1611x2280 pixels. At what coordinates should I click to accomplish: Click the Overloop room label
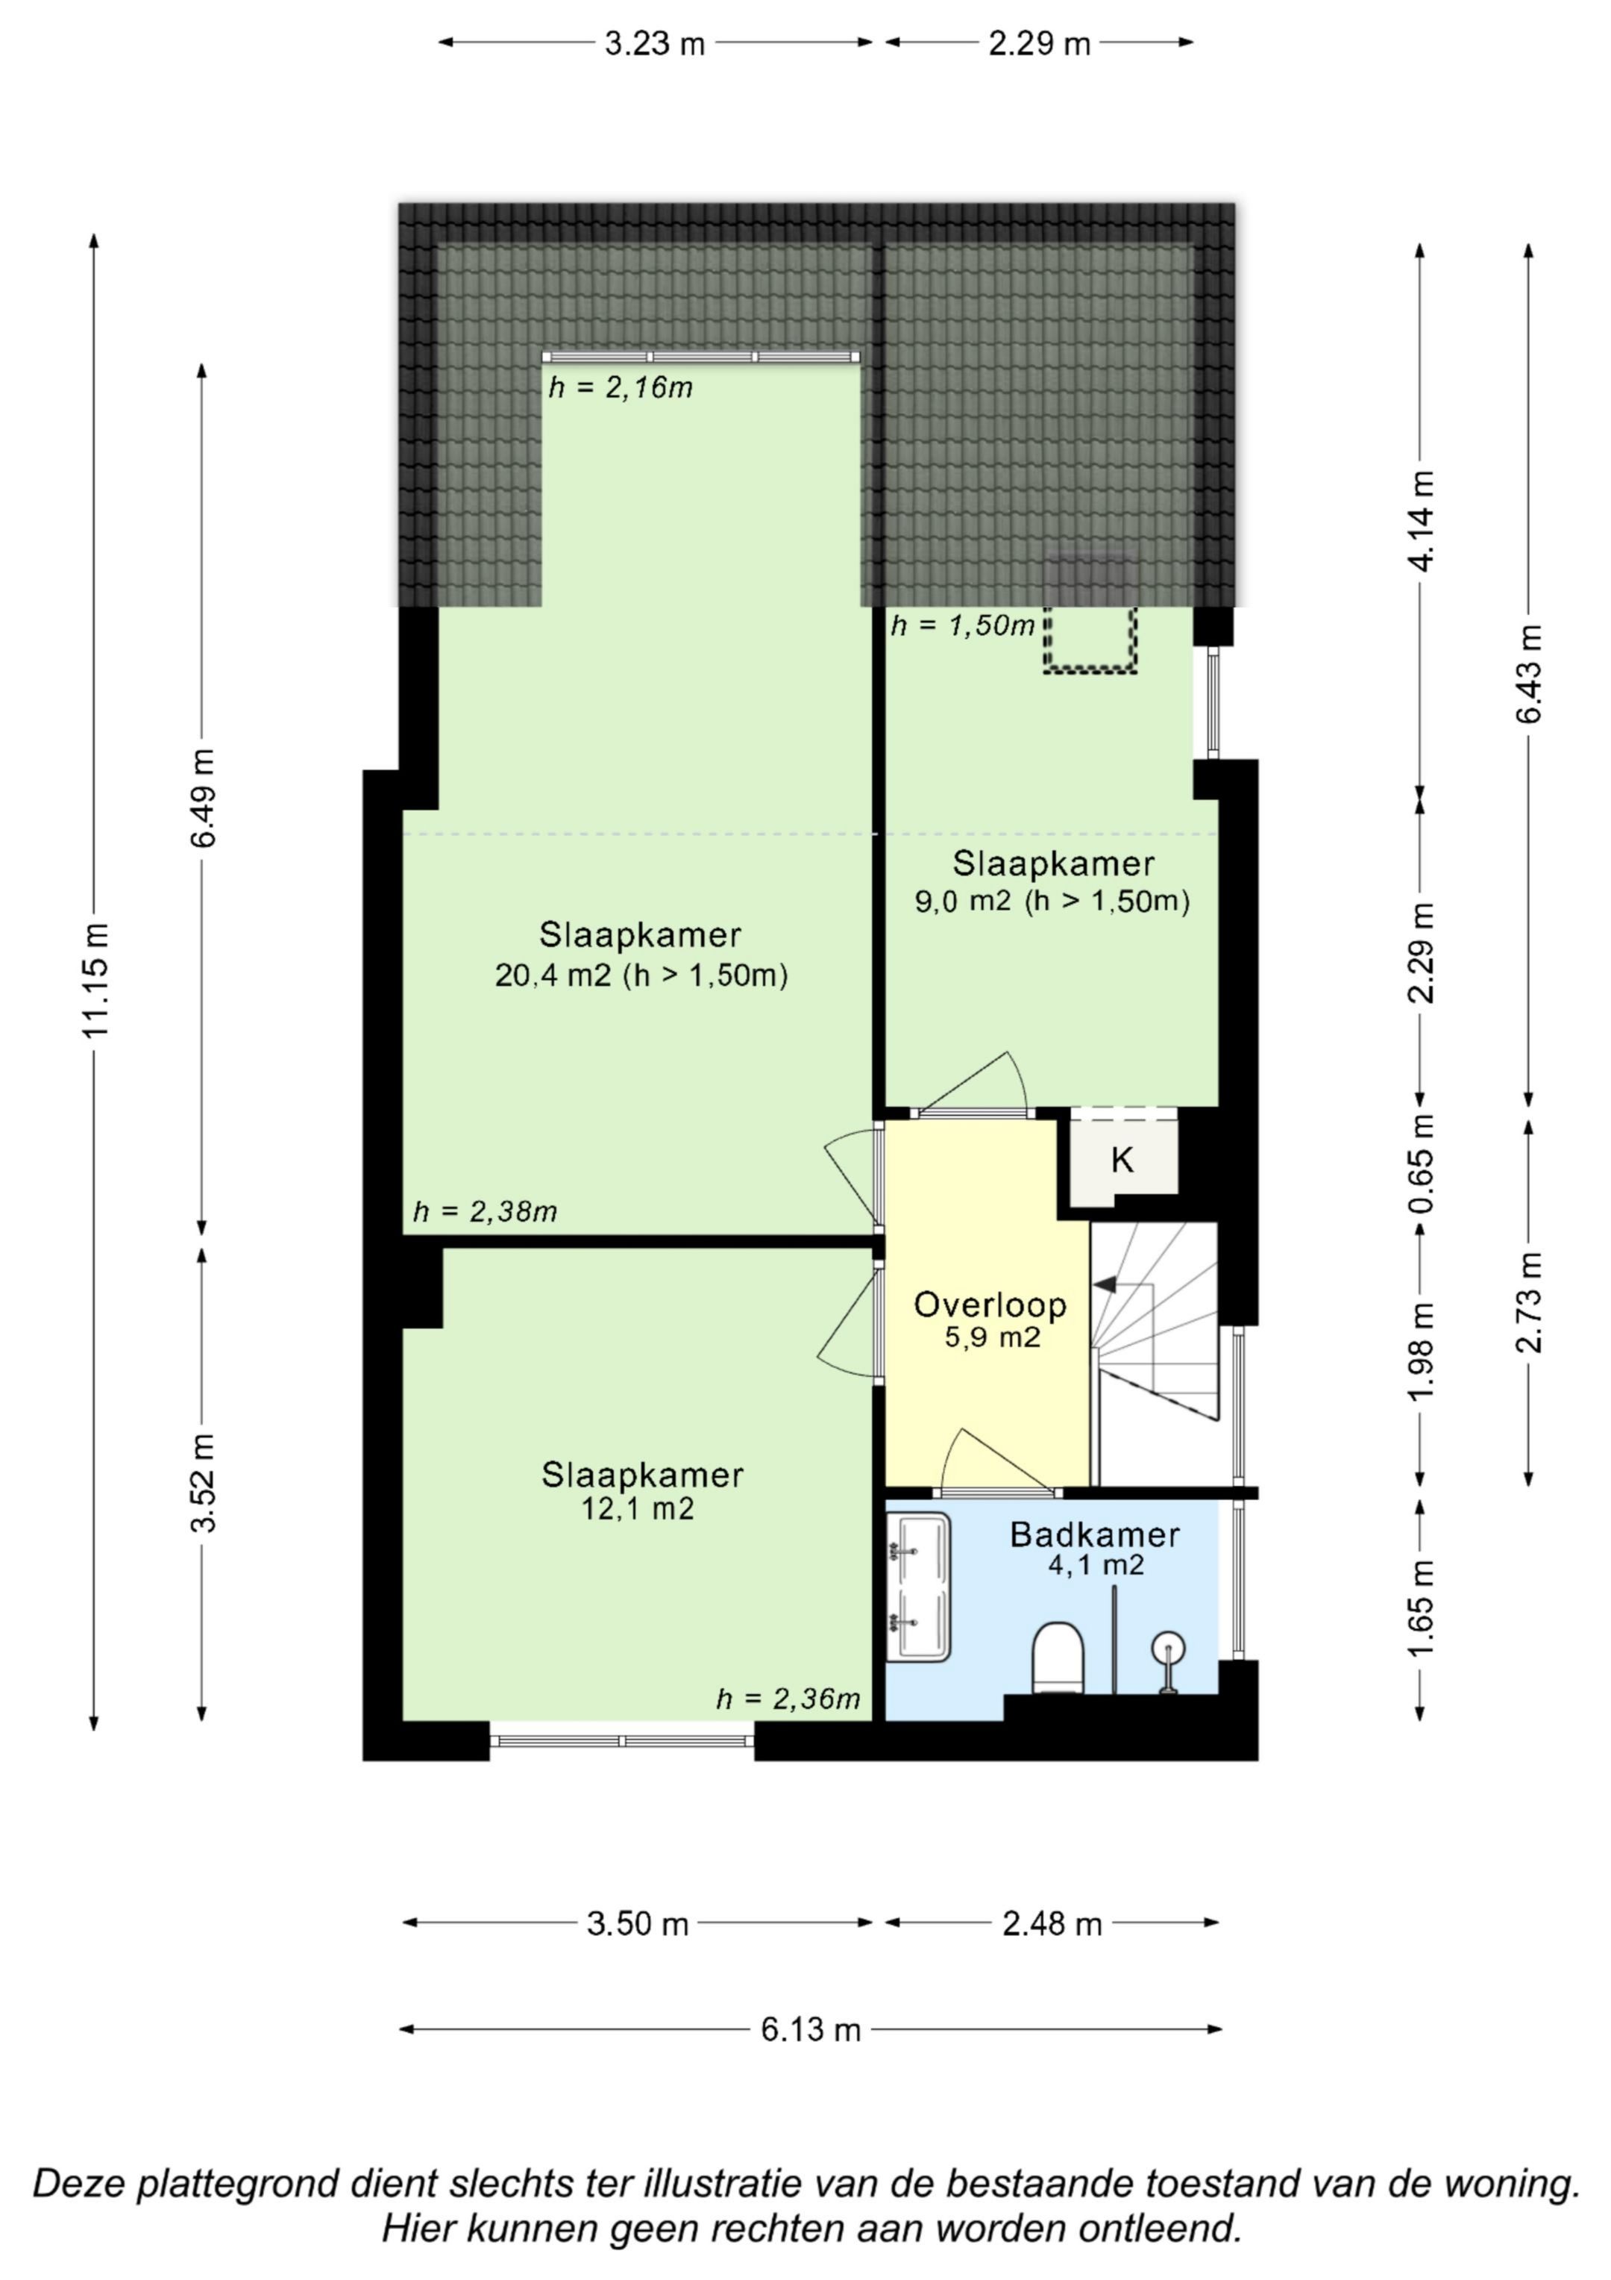point(990,1305)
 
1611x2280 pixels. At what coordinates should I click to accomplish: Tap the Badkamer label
point(1095,1534)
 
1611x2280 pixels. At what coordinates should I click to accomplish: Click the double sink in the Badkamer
point(918,1587)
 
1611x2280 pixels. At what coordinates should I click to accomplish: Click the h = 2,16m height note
point(621,387)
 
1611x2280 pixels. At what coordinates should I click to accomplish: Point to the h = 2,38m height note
point(486,1211)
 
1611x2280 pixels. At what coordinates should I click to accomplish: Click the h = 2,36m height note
point(788,1699)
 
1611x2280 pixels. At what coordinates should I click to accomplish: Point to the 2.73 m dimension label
point(1530,1302)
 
